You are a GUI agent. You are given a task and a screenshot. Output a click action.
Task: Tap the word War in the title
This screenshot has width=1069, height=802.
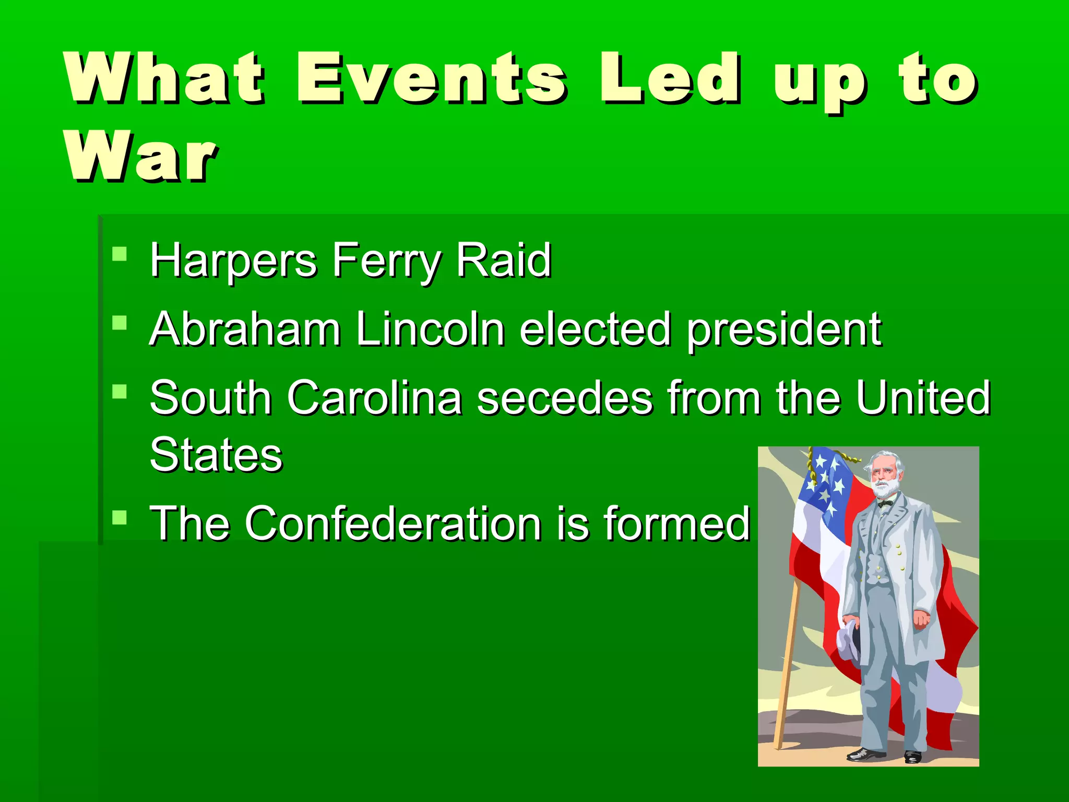(x=140, y=157)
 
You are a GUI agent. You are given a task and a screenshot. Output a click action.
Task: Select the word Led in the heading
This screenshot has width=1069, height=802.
(x=669, y=78)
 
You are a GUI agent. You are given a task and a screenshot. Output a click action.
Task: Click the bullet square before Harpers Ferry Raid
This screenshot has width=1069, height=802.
(x=120, y=254)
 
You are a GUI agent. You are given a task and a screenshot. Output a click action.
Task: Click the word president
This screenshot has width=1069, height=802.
(x=783, y=330)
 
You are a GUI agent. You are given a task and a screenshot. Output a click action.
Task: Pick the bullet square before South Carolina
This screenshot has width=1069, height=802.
(x=120, y=391)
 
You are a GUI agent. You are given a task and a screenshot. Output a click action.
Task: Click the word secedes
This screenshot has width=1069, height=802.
(x=564, y=398)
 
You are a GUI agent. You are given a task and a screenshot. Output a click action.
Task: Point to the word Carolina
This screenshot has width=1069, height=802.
(x=374, y=398)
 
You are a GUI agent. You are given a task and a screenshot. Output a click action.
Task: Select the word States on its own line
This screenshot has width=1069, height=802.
(x=216, y=455)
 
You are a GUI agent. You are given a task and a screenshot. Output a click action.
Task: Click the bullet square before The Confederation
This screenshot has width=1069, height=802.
(x=120, y=517)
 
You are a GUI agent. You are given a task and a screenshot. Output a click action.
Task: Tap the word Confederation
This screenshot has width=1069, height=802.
(x=393, y=523)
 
